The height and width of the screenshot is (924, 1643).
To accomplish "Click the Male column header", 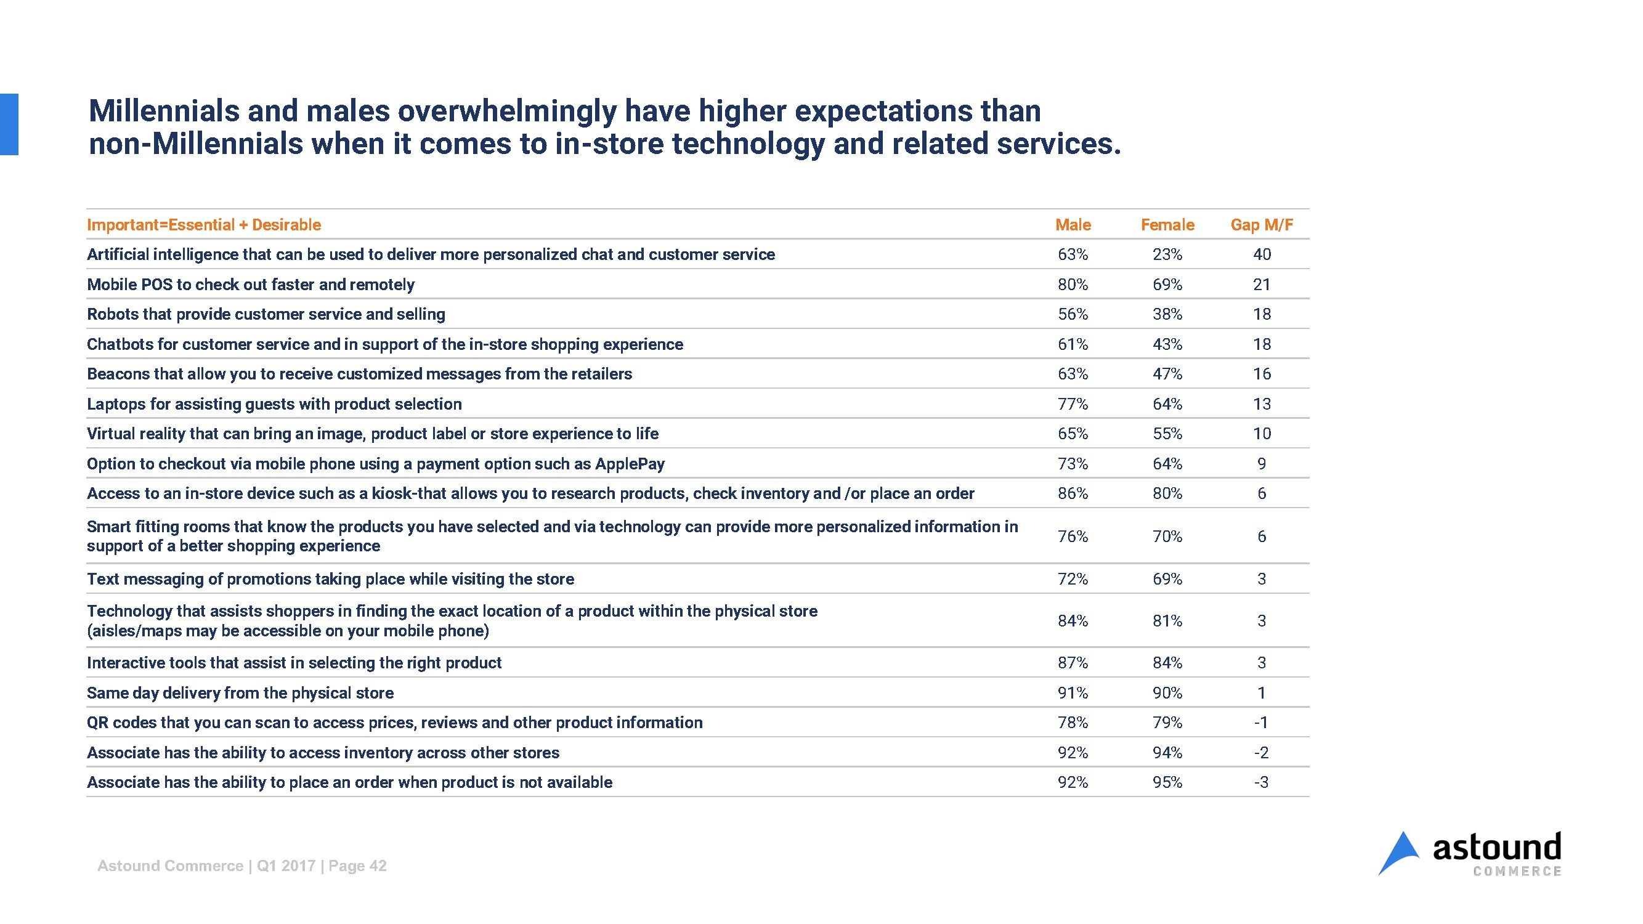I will point(1073,225).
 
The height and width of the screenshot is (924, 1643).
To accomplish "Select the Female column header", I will point(1167,225).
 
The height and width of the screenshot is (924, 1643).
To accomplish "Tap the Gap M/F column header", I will point(1262,225).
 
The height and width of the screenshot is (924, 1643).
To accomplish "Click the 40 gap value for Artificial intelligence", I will point(1262,254).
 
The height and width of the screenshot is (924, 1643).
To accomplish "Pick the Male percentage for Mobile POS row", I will point(1073,285).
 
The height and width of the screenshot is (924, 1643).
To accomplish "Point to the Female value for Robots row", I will point(1167,314).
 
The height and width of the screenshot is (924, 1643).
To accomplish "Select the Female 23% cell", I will point(1167,254).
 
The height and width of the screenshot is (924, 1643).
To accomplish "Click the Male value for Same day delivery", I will point(1073,693).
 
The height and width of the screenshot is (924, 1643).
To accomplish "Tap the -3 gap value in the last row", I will point(1261,782).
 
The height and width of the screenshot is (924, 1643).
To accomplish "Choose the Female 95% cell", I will point(1167,782).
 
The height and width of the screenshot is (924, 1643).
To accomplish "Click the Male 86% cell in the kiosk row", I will point(1073,493).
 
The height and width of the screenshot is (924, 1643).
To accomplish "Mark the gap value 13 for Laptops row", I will point(1262,404).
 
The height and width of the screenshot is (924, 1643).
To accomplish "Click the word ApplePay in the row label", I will point(630,464).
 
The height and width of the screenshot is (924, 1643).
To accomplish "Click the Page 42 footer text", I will point(357,866).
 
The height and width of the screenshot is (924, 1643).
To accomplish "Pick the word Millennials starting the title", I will point(163,111).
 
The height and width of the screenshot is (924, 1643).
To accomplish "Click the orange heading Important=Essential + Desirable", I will point(203,225).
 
